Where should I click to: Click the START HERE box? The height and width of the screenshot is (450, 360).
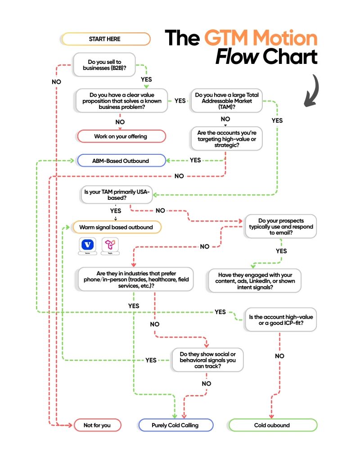pos(106,39)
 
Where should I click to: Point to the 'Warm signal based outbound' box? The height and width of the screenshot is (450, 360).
pos(116,227)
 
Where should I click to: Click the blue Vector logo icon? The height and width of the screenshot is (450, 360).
pos(88,245)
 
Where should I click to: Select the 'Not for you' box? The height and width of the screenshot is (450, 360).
pos(97,425)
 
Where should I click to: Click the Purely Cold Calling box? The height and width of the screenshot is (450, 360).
pos(175,425)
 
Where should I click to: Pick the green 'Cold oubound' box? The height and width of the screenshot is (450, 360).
pos(273,425)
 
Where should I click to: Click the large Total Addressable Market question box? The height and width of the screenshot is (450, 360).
pos(227,101)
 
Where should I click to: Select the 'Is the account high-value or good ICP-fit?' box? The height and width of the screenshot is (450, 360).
pos(281,320)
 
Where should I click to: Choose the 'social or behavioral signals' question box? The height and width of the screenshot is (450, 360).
pos(207,360)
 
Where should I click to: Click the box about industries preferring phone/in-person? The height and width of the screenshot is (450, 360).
pos(135,279)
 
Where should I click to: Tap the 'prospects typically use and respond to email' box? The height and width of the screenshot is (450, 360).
pos(281,226)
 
